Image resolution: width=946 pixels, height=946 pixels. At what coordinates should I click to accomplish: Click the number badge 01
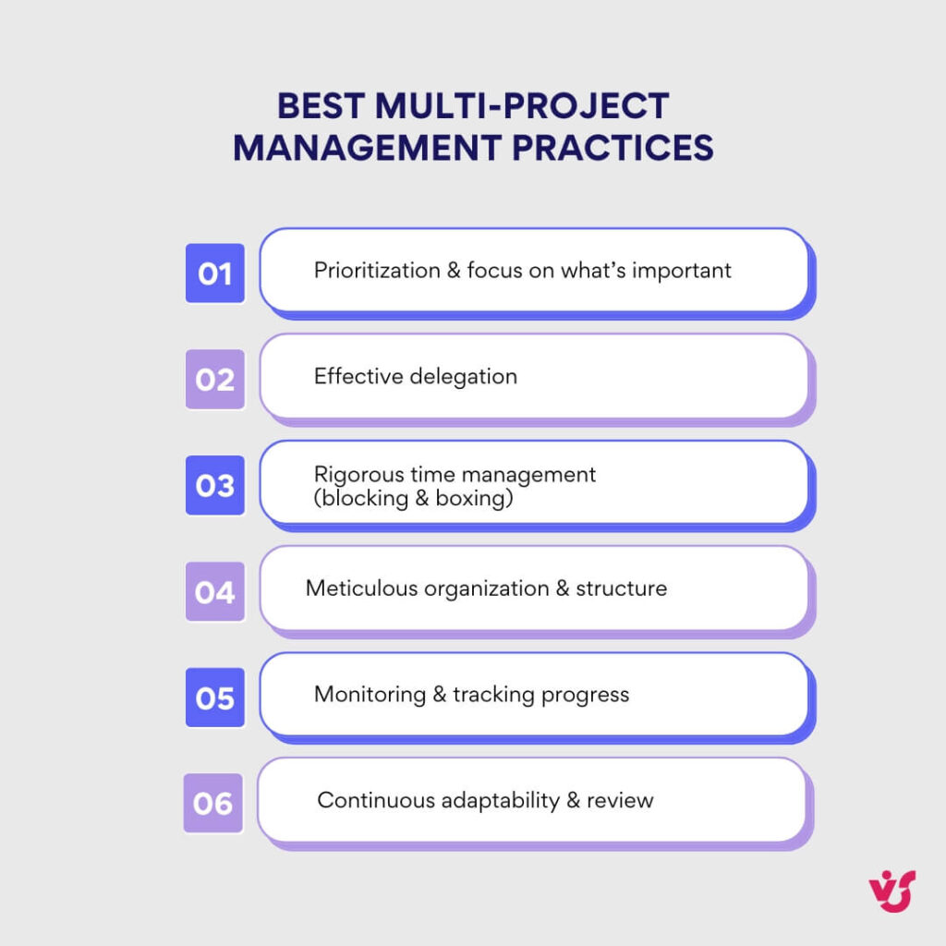click(x=214, y=273)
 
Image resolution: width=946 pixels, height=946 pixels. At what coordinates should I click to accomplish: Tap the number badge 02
click(x=214, y=380)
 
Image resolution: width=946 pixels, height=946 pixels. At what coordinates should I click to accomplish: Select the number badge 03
click(x=214, y=485)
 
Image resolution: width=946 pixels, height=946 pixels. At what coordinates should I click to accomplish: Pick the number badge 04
click(x=214, y=591)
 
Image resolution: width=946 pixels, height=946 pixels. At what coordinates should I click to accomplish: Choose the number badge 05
click(x=214, y=697)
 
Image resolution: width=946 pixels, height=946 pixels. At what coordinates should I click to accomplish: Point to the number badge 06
click(x=213, y=803)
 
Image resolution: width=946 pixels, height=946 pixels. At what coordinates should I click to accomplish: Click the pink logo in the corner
click(x=891, y=891)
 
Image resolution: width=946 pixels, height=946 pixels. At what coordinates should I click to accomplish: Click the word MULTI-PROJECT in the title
click(x=522, y=106)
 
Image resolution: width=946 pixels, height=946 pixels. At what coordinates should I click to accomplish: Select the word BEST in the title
click(x=322, y=106)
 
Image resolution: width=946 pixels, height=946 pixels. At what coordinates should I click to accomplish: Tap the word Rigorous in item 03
click(x=356, y=475)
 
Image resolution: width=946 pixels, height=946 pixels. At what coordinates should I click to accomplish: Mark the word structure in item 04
click(x=621, y=588)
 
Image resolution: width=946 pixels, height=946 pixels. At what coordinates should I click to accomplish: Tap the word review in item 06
click(x=624, y=800)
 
